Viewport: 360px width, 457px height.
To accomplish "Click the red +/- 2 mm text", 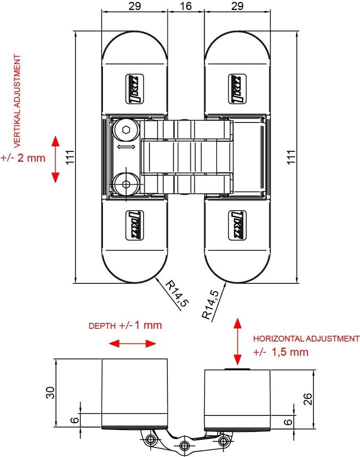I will [23, 158].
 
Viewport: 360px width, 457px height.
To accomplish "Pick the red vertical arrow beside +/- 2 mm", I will [55, 159].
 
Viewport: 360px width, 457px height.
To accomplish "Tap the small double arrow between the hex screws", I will [126, 147].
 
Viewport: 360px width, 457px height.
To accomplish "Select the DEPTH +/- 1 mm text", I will [125, 326].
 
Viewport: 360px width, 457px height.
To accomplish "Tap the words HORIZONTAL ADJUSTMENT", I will [306, 339].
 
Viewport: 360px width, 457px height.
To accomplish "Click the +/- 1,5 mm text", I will [280, 352].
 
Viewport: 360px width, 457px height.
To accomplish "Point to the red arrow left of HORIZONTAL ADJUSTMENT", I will [237, 341].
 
